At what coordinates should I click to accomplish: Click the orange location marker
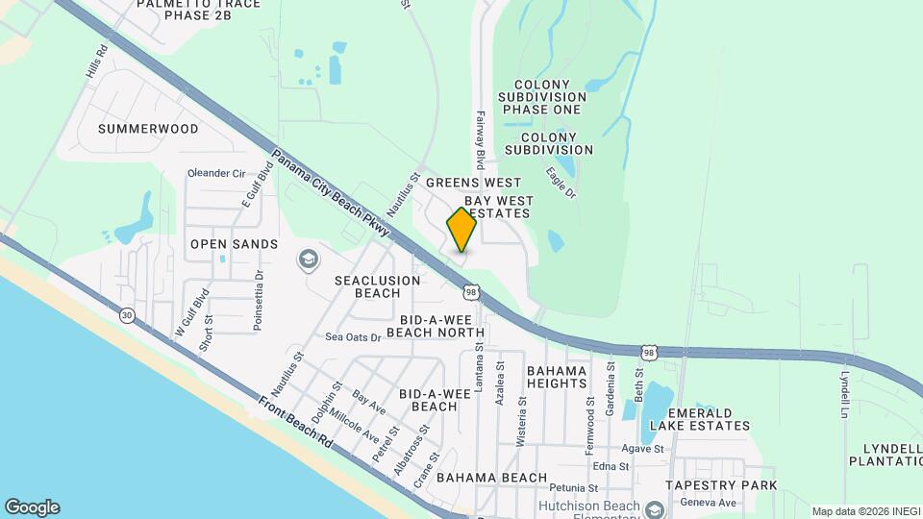[461, 229]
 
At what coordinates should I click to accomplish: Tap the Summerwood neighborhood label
[148, 129]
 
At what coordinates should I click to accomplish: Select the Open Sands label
[220, 244]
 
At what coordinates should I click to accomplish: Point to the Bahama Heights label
[557, 377]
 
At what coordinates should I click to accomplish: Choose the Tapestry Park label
[728, 485]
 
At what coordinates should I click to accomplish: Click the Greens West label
[473, 183]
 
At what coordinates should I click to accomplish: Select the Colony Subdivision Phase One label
[542, 97]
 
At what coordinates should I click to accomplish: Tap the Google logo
[32, 507]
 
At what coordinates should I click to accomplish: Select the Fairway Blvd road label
[478, 139]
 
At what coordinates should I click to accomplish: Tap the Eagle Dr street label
[560, 183]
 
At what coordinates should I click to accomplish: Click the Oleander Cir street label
[216, 174]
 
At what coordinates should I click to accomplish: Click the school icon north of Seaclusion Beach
[308, 258]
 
